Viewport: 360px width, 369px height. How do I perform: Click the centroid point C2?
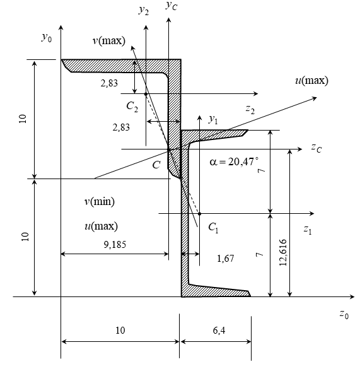coord(146,94)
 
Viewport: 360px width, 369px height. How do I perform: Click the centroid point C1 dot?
coord(199,214)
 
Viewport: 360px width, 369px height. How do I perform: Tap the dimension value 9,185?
coord(115,245)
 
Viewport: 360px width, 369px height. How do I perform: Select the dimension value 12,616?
coord(283,252)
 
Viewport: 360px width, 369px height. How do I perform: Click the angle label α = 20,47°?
coord(234,161)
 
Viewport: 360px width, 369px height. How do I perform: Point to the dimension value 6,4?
coord(219,331)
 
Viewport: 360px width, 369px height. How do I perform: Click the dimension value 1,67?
coord(226,259)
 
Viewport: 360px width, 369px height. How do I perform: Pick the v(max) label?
coord(109,41)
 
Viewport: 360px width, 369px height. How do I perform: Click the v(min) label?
coord(100,201)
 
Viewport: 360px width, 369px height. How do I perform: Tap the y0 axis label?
coord(47,37)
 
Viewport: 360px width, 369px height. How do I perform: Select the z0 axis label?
coord(344,314)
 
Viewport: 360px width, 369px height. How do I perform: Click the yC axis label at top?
coord(171,5)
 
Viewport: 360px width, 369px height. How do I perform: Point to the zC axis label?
coord(316,148)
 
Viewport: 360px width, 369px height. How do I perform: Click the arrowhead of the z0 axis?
coord(352,296)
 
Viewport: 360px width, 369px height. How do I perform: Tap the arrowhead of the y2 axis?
coord(146,28)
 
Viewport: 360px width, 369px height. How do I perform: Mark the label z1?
coord(308,230)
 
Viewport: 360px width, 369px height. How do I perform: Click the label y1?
coord(213,119)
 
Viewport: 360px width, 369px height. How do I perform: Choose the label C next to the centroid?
coord(156,165)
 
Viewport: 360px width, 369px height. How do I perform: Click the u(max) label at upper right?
coord(311,81)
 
